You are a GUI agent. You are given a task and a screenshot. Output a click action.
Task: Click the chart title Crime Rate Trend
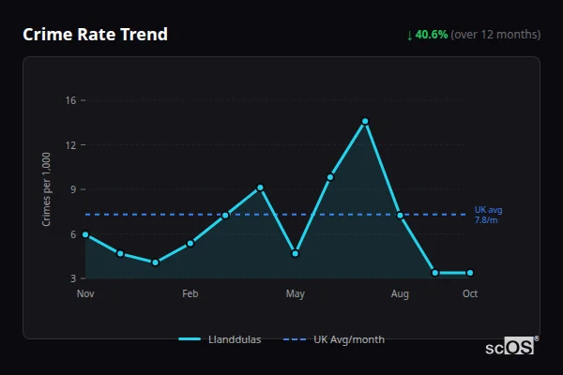tap(95, 35)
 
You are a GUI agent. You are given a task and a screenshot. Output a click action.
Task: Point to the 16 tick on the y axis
tap(70, 100)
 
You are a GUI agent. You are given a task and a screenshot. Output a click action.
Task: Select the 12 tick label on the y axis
tap(70, 145)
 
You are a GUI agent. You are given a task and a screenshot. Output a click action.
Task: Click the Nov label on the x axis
tap(85, 294)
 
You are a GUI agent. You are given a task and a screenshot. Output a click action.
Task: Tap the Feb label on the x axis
tap(190, 294)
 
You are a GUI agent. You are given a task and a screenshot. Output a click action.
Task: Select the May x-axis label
tap(296, 294)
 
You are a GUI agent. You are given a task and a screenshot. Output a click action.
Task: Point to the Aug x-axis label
tap(400, 294)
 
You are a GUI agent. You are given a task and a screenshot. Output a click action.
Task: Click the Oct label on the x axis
tap(470, 294)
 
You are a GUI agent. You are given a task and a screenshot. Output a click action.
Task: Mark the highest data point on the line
tap(365, 121)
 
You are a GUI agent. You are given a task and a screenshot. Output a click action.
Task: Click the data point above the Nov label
tap(85, 234)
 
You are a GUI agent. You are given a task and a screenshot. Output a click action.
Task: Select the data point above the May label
tap(296, 253)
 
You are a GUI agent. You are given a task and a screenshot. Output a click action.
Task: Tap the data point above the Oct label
tap(470, 273)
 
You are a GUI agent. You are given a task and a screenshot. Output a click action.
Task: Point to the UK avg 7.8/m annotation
tap(488, 215)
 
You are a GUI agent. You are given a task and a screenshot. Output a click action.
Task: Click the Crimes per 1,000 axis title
tap(47, 189)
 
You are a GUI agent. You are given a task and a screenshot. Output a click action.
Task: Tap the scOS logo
tap(510, 346)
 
